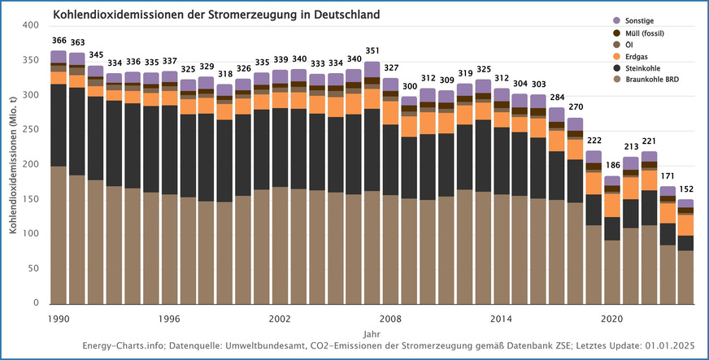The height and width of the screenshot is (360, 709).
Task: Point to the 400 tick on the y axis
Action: pyautogui.click(x=31, y=26)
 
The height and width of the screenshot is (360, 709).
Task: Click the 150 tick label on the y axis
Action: pyautogui.click(x=31, y=200)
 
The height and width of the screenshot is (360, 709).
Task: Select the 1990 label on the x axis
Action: pyautogui.click(x=59, y=319)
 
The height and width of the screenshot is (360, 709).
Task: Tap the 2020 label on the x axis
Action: pyautogui.click(x=612, y=319)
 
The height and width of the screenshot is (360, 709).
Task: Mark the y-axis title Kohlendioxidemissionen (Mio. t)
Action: pyautogui.click(x=14, y=166)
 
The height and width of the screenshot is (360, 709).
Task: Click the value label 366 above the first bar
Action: pyautogui.click(x=59, y=41)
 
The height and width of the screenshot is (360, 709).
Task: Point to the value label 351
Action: pyautogui.click(x=372, y=51)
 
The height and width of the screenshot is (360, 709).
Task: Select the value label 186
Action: pyautogui.click(x=612, y=165)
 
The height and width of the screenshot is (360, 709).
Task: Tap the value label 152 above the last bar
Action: pyautogui.click(x=686, y=189)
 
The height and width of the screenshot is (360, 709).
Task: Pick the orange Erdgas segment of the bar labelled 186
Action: pyautogui.click(x=612, y=205)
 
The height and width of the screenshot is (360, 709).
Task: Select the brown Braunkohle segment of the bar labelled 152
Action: pyautogui.click(x=686, y=276)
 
